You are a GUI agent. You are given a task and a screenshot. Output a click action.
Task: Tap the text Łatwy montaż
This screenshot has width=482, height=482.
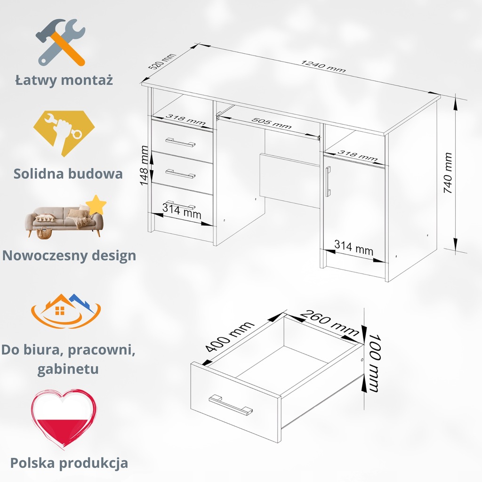pyautogui.click(x=64, y=80)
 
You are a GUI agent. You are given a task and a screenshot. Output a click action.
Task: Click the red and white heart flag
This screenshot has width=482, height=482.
pyautogui.click(x=64, y=418)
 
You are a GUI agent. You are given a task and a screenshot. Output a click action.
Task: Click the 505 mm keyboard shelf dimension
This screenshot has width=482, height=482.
pyautogui.click(x=271, y=123)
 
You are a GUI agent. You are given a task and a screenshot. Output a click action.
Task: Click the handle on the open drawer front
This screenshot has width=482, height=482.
pyautogui.click(x=231, y=405)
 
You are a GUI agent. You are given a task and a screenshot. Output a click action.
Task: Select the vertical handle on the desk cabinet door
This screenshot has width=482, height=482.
pyautogui.click(x=328, y=181)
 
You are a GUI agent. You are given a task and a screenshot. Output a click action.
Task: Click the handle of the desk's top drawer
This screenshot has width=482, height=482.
pyautogui.click(x=180, y=142)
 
